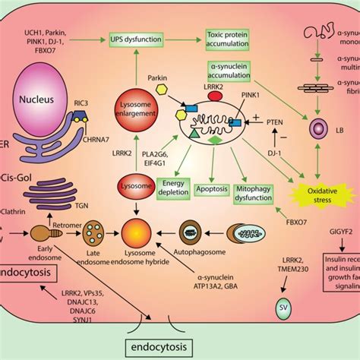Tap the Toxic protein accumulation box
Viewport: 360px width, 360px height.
click(x=228, y=36)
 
